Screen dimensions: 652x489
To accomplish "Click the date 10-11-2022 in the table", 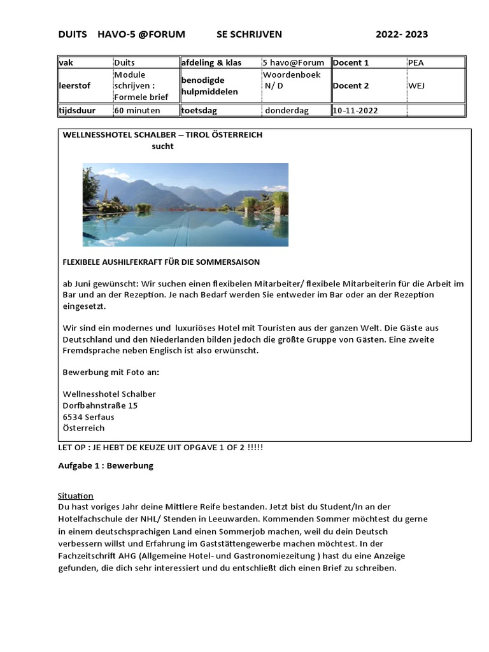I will [x=355, y=111].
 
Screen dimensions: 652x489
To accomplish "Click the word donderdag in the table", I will [x=287, y=111].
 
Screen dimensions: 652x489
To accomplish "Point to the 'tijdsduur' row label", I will [x=77, y=111].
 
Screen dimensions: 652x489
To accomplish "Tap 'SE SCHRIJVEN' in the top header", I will [x=249, y=34].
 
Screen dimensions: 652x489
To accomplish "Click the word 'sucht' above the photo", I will [x=162, y=146].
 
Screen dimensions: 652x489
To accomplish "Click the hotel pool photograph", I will [x=185, y=204].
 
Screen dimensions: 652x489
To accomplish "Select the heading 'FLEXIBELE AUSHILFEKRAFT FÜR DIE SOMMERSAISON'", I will [x=161, y=262].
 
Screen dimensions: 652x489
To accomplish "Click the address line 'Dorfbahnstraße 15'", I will [x=100, y=406].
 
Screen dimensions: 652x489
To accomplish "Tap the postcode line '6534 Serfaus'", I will [x=89, y=417].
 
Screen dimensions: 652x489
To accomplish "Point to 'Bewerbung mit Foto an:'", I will [x=111, y=372].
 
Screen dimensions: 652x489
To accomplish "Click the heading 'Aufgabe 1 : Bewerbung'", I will [x=106, y=465].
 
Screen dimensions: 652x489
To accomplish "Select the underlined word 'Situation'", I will [x=76, y=496].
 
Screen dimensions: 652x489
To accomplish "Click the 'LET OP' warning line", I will [x=160, y=448].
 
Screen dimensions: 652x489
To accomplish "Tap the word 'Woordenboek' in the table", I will [x=292, y=74].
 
